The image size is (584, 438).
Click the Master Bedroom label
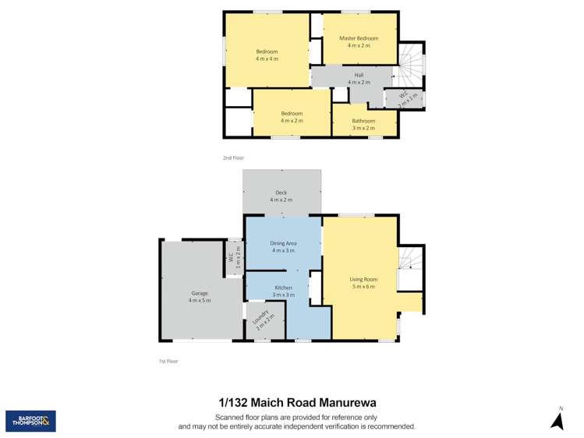click(359, 38)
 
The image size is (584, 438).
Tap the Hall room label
click(359, 75)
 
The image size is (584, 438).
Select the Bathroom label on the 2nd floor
click(363, 121)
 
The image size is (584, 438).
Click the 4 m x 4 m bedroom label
click(267, 51)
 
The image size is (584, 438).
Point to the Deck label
click(281, 193)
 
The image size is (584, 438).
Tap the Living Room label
click(363, 279)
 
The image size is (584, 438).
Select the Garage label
click(199, 293)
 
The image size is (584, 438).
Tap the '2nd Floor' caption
click(233, 157)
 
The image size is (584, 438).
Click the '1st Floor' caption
click(168, 361)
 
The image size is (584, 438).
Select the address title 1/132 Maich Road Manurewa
click(297, 403)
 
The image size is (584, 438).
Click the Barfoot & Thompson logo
click(30, 421)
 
